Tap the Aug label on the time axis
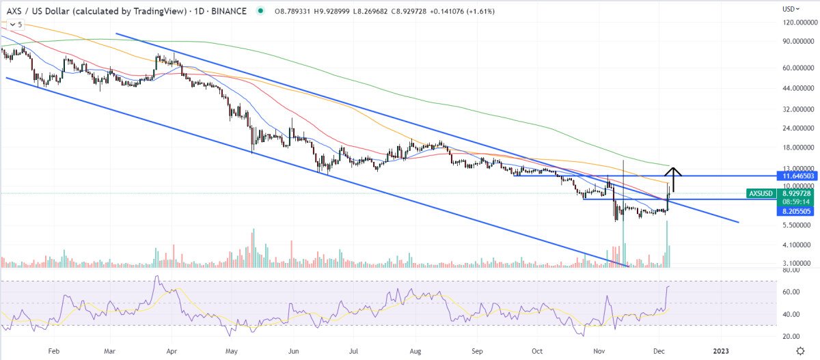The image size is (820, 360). coord(415,350)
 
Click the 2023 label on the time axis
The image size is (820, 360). coord(721,350)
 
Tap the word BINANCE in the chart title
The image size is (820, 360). coord(230,11)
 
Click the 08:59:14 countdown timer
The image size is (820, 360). coord(797,202)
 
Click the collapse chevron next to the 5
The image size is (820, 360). coord(12,25)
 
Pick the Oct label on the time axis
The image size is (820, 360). coord(538,350)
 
